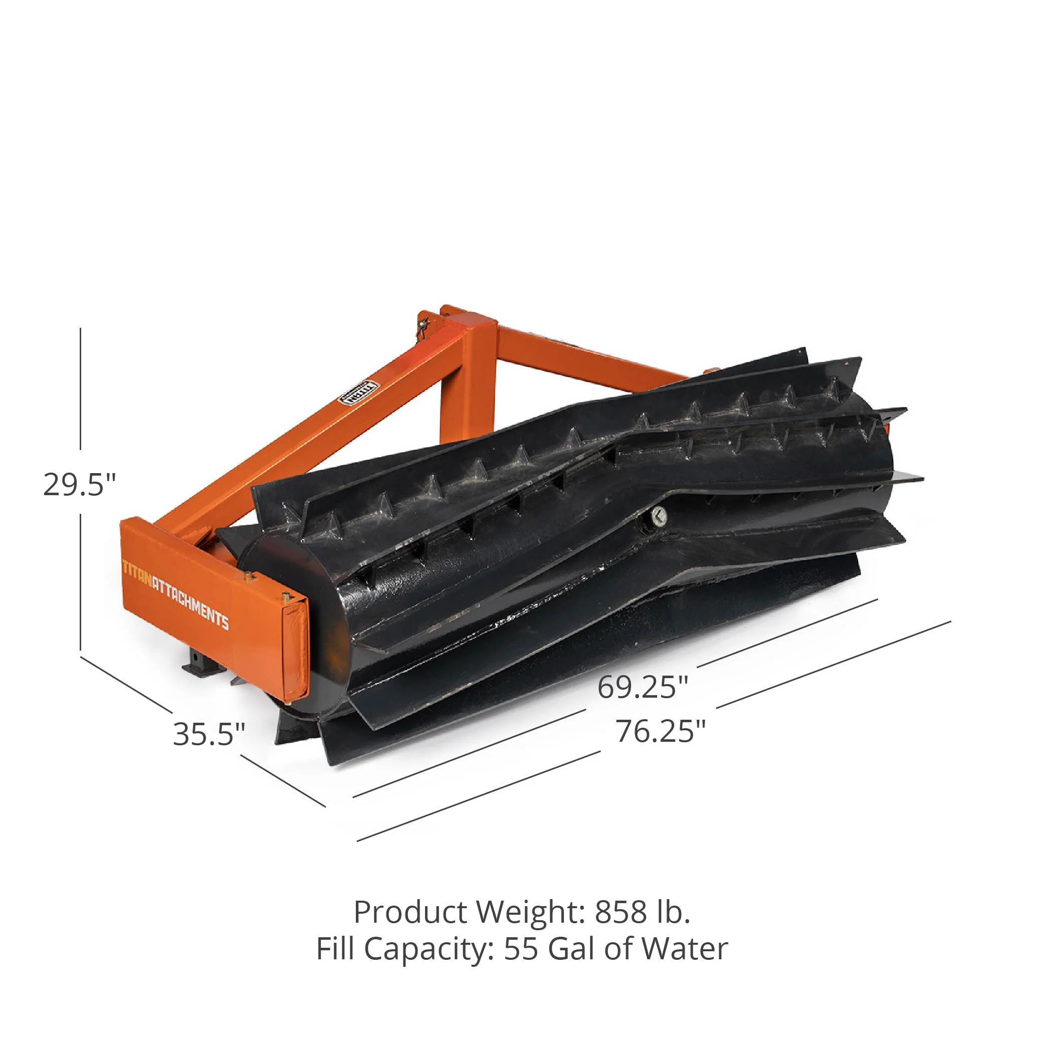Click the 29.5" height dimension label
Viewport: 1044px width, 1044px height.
coord(79,485)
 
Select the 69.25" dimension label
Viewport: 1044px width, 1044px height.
coord(643,687)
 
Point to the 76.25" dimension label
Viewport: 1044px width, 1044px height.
coord(661,731)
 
